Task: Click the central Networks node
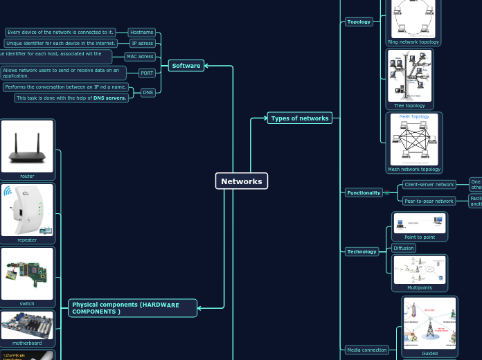[241, 181]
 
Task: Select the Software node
[186, 66]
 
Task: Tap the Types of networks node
[299, 118]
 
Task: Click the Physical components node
[132, 308]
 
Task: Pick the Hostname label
[142, 33]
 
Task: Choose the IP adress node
[142, 44]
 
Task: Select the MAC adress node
[140, 57]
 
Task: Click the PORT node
[147, 73]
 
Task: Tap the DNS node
[148, 92]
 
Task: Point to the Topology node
[359, 22]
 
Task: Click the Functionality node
[364, 193]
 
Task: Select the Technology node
[361, 252]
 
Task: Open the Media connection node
[366, 350]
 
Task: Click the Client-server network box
[429, 185]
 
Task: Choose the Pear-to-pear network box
[429, 201]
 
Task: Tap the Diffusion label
[404, 248]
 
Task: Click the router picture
[27, 146]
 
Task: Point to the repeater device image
[27, 210]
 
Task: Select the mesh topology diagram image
[413, 139]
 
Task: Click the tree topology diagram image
[409, 76]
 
